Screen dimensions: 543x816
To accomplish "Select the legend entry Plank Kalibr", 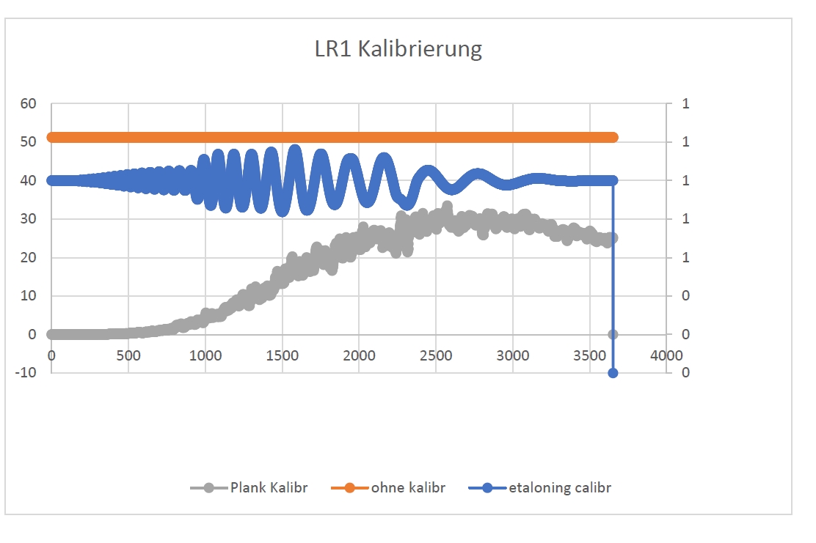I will tap(269, 487).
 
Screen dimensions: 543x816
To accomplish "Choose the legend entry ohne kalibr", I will tap(409, 487).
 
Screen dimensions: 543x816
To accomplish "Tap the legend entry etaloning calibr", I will tap(560, 487).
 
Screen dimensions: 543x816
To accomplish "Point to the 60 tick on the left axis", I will tap(28, 103).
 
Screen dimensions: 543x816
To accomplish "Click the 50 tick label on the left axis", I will tap(28, 141).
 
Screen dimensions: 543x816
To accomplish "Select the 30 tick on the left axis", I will tap(28, 219).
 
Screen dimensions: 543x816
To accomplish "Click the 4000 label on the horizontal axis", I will tap(666, 355).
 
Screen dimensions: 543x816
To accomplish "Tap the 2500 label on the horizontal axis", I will tap(435, 355).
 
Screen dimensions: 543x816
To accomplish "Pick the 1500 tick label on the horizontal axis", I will tap(282, 355).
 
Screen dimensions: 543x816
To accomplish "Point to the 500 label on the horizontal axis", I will tap(128, 355).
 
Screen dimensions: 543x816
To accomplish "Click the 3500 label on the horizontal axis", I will tap(589, 355).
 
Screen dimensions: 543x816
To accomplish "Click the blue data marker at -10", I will tap(613, 373).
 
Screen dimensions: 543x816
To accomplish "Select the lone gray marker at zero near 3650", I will tap(613, 334).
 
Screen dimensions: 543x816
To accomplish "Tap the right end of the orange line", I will tap(613, 138).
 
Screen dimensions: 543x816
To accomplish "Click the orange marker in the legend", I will tap(349, 487).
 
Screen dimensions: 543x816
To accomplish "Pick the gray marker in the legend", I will tap(208, 487).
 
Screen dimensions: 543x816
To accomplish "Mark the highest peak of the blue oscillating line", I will tap(295, 149).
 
